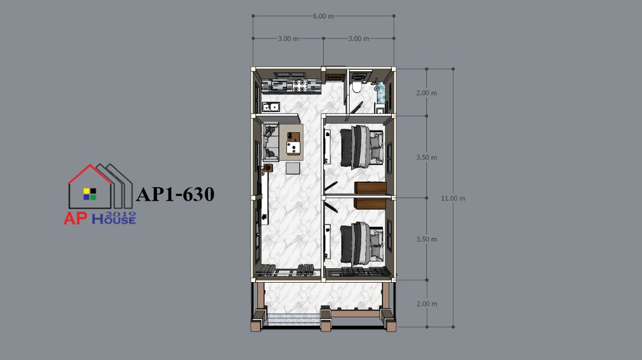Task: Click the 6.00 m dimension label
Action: click(323, 16)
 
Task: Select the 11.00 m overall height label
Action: click(453, 198)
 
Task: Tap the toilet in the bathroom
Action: click(356, 87)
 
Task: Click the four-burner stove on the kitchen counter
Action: click(300, 86)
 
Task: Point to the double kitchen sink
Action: click(271, 107)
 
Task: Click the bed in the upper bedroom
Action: click(362, 147)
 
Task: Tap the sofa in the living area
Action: click(270, 142)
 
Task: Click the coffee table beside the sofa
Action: click(293, 143)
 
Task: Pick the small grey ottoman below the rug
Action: click(292, 168)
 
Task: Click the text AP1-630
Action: click(175, 194)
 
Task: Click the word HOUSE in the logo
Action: click(114, 220)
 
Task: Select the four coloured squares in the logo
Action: click(89, 194)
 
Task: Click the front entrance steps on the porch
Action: click(292, 320)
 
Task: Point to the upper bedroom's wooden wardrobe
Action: click(370, 188)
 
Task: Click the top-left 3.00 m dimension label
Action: click(288, 38)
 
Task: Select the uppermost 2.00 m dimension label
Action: click(427, 93)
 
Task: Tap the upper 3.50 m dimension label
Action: click(427, 157)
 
